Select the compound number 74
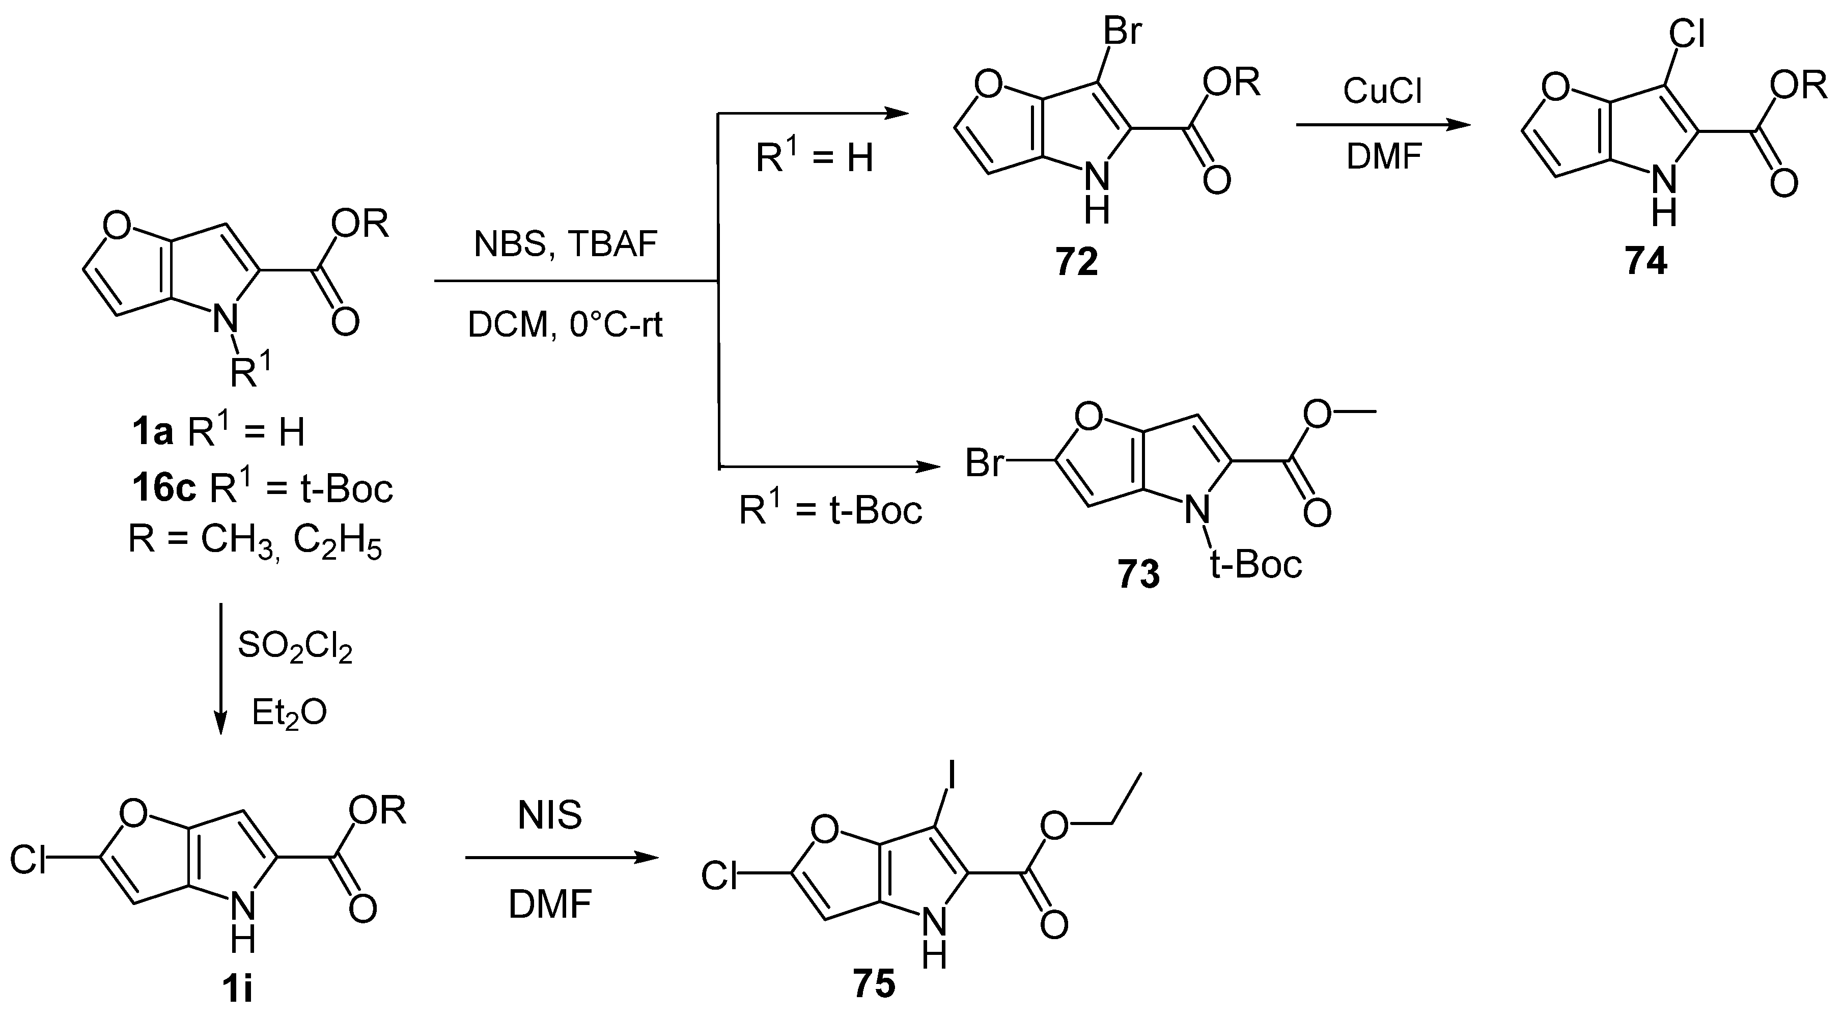click(x=1645, y=263)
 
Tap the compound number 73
click(x=1138, y=574)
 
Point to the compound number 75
click(x=874, y=984)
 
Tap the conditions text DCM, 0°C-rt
click(x=565, y=325)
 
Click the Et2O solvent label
click(x=289, y=712)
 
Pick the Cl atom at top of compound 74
click(x=1686, y=34)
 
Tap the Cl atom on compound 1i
click(x=29, y=859)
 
